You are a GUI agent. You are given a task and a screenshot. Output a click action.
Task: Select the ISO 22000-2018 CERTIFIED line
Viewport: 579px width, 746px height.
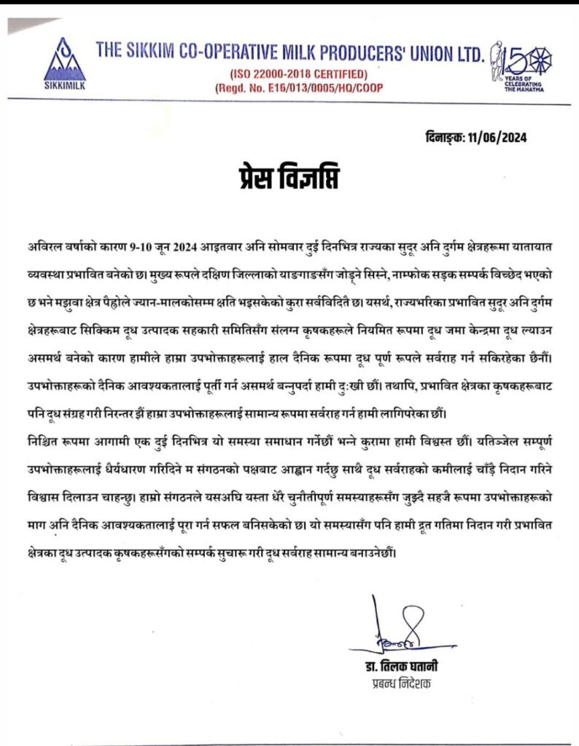pos(299,74)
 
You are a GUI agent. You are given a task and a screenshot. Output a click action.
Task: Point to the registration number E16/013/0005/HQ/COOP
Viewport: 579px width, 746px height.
pos(299,88)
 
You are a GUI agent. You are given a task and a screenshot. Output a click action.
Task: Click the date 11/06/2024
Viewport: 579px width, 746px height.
pos(500,137)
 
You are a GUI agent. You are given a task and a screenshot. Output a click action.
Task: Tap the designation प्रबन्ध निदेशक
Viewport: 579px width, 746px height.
pos(397,685)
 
